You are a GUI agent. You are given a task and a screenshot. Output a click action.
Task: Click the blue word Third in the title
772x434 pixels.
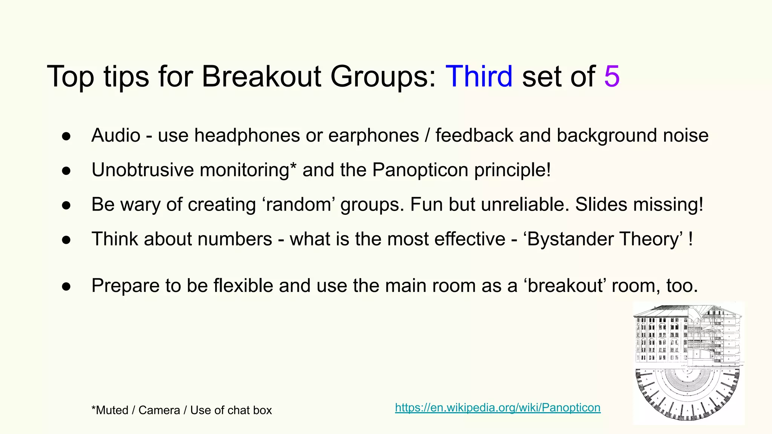(x=479, y=76)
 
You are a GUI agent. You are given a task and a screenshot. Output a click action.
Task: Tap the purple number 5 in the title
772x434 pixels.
(x=612, y=76)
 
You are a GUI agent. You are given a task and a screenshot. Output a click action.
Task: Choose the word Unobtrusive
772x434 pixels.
(x=142, y=170)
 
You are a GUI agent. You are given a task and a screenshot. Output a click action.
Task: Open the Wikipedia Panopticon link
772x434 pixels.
(x=498, y=408)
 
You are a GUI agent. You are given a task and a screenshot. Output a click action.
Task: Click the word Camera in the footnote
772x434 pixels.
(x=159, y=410)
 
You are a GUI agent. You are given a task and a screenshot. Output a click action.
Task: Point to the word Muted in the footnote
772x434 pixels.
(x=112, y=410)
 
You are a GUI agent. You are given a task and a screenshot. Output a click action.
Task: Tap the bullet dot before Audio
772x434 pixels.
(x=66, y=136)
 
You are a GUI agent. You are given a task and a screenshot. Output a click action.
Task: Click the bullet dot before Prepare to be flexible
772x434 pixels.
(x=66, y=287)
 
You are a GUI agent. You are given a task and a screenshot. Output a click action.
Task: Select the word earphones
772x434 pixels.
(x=374, y=135)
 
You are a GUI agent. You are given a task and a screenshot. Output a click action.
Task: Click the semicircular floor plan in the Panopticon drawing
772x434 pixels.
(x=688, y=394)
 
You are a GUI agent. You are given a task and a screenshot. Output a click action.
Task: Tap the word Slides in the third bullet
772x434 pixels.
(x=601, y=205)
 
